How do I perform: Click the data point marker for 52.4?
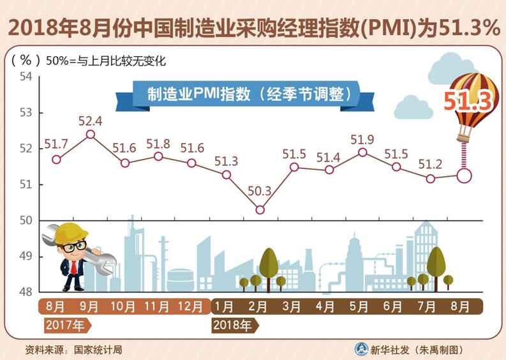(x=90, y=134)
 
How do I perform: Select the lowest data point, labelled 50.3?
(x=260, y=209)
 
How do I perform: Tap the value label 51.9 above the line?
(x=362, y=139)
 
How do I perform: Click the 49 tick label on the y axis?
(x=26, y=257)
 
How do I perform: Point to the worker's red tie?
(x=74, y=266)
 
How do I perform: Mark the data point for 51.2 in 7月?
(x=430, y=179)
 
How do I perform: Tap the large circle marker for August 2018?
(x=464, y=175)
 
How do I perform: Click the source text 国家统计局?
(x=97, y=350)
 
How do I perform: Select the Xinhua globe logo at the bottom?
(x=362, y=349)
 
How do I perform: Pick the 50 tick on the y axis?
(x=26, y=221)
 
